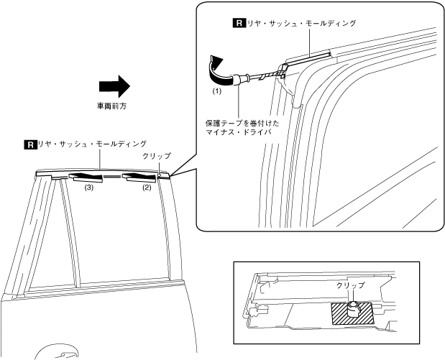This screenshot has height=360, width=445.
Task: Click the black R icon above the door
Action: (x=29, y=144)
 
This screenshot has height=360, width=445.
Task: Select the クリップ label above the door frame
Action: (x=157, y=155)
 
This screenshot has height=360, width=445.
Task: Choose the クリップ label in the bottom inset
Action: (x=351, y=285)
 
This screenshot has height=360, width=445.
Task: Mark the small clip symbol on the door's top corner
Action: (x=159, y=173)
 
